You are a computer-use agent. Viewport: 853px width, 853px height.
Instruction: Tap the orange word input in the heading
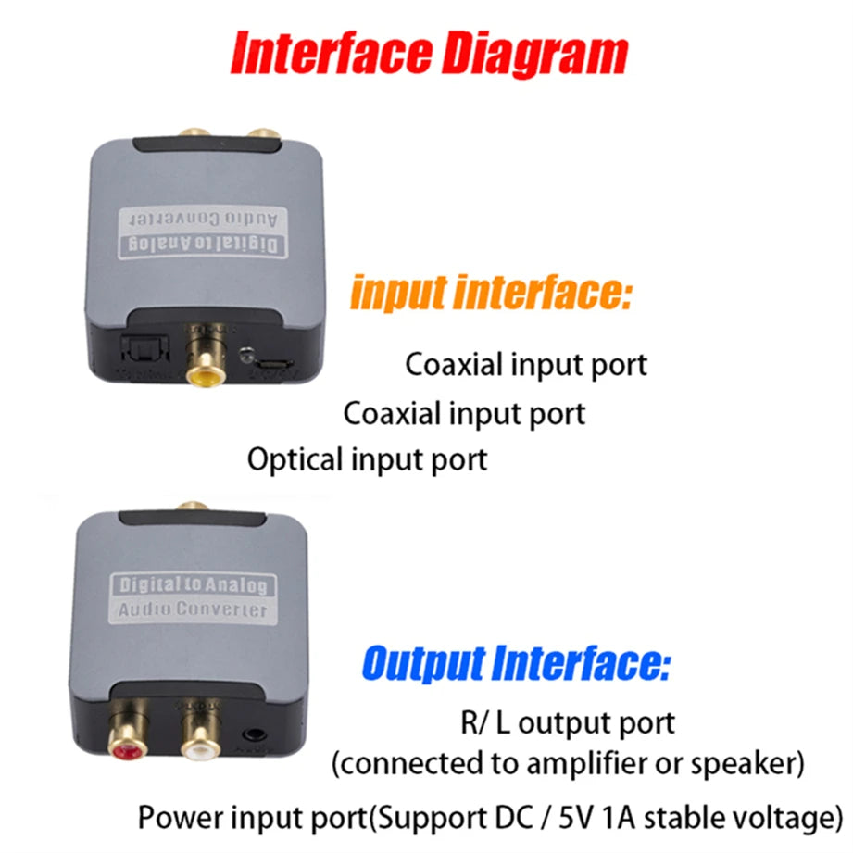(400, 294)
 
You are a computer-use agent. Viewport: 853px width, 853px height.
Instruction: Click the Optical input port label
(367, 459)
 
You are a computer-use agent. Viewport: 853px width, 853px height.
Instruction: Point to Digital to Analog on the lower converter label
(192, 585)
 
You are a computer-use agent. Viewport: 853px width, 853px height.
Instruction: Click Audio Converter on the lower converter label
(192, 610)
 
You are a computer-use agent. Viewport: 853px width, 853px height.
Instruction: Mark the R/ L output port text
(568, 722)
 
